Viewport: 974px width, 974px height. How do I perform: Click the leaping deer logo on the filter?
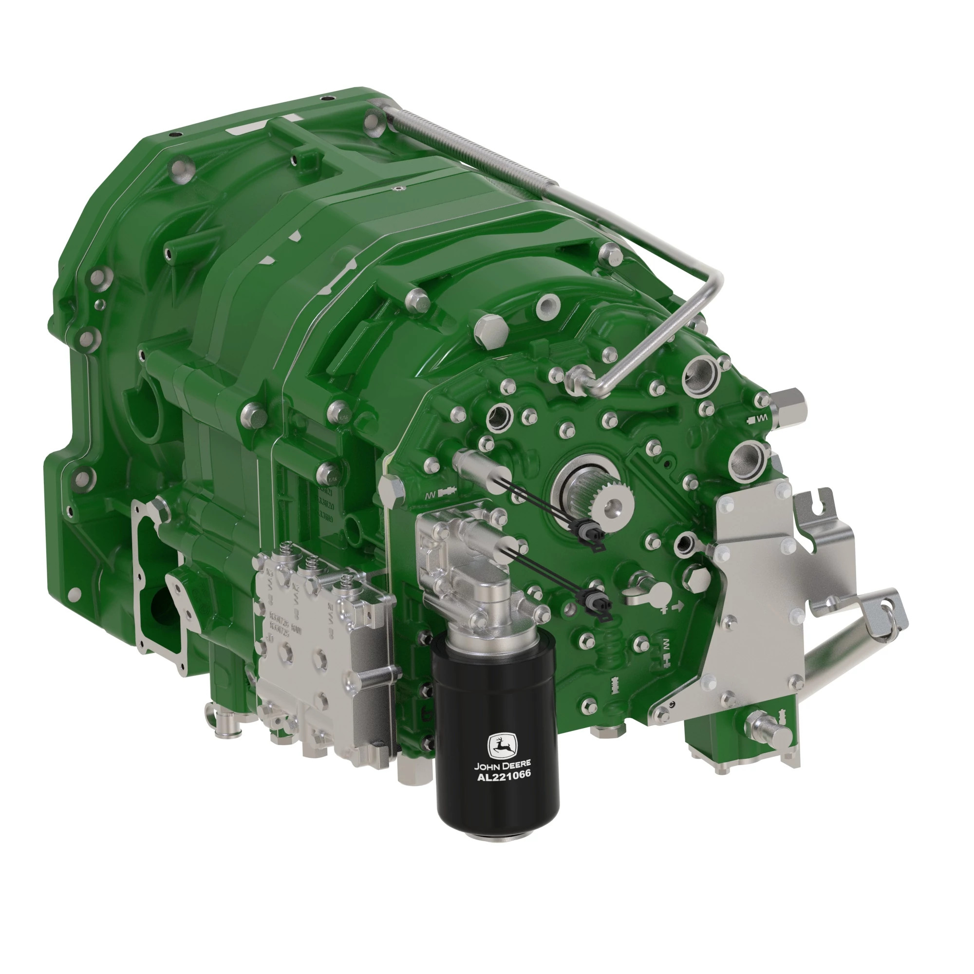[502, 746]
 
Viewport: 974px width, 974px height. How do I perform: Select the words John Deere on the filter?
[502, 765]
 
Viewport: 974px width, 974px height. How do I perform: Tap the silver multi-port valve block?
[323, 656]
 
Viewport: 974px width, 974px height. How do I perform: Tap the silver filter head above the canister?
[469, 570]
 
